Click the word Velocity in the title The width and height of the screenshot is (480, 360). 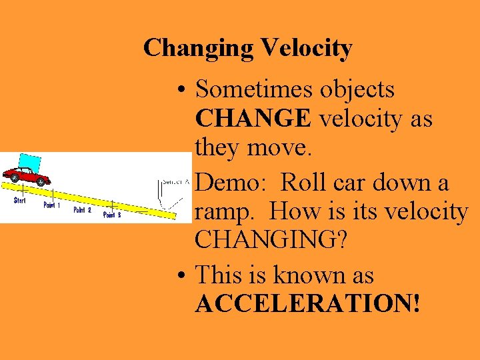pos(307,48)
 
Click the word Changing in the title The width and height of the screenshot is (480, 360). pos(199,49)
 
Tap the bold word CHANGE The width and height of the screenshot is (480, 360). pos(253,119)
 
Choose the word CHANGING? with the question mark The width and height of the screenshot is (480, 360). pos(271,241)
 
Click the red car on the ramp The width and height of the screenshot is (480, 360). pos(27,176)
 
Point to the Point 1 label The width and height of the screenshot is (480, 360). pos(52,205)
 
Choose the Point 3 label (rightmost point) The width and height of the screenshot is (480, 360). pos(112,215)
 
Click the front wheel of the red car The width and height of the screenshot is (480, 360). pos(42,181)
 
